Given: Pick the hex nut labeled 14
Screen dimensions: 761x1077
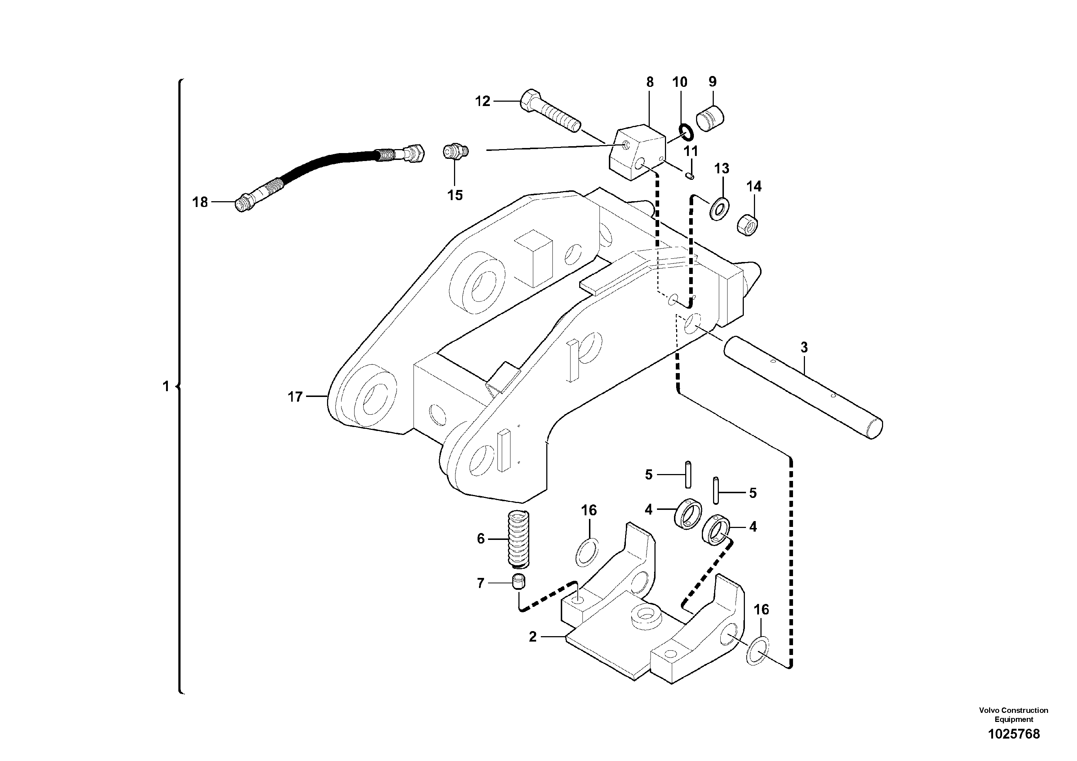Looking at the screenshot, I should pos(749,225).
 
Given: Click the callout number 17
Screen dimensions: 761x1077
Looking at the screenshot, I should pos(295,397).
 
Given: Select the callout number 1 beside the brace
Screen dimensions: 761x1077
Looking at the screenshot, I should pos(166,386).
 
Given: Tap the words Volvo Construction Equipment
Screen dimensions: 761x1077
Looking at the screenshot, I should pos(1013,715).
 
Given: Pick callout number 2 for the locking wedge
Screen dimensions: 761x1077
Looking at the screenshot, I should pos(533,637).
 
